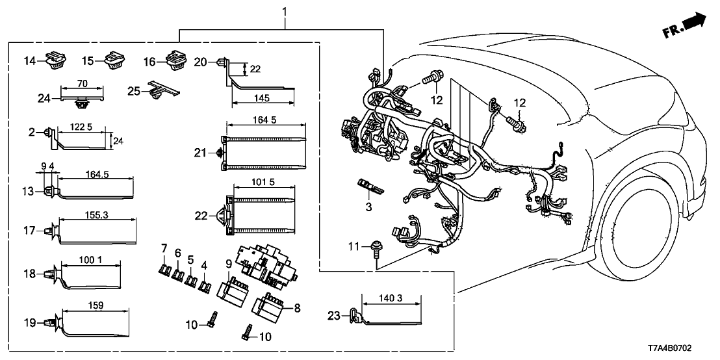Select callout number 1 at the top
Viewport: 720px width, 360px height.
[284, 11]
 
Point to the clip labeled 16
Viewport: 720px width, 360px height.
[175, 60]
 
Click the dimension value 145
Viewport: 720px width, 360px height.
[263, 99]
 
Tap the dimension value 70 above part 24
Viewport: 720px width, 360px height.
[82, 83]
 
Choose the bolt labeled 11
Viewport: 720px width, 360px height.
[375, 247]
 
